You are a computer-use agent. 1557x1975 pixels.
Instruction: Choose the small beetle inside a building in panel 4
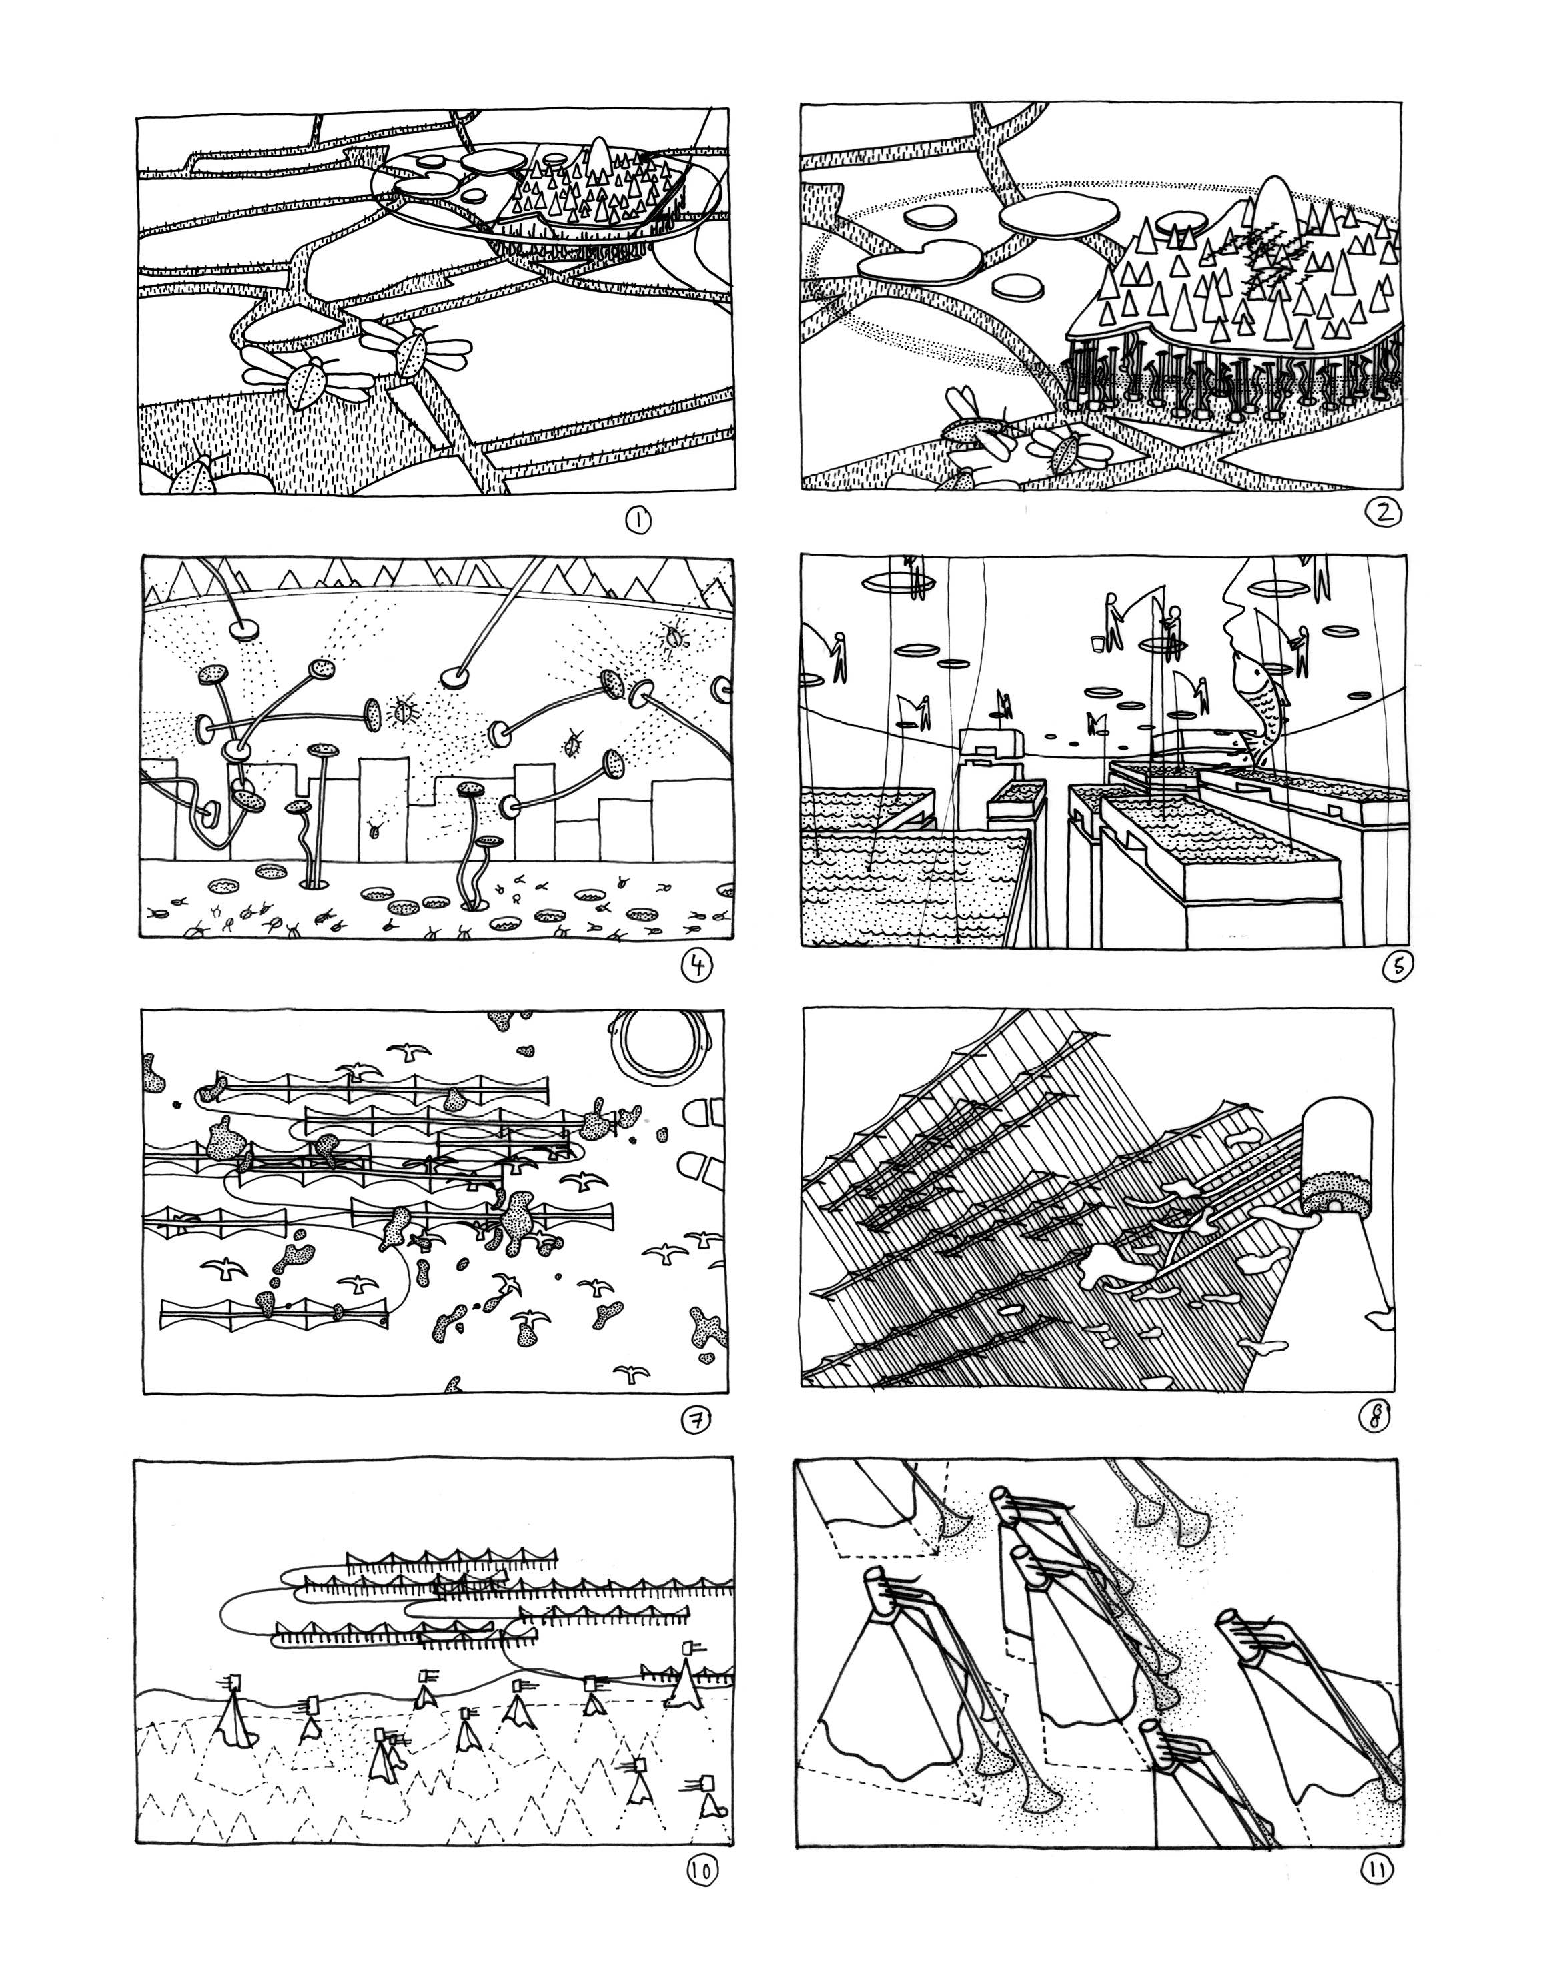tap(376, 828)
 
